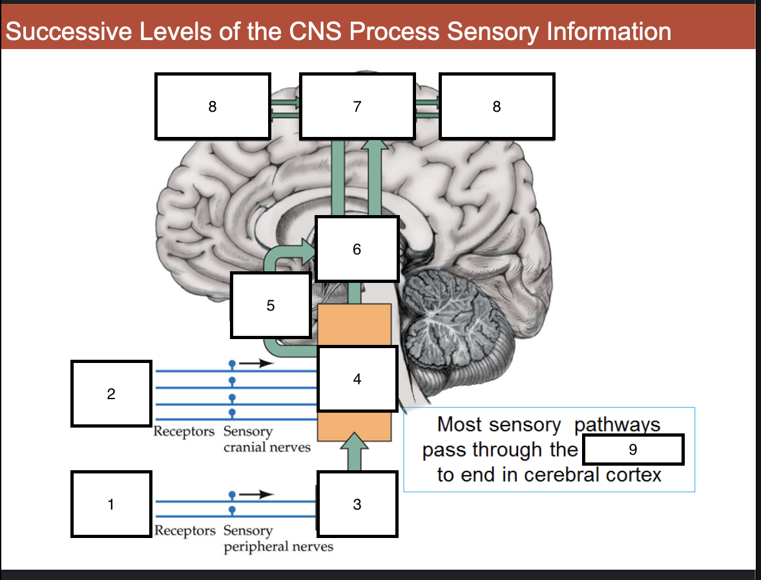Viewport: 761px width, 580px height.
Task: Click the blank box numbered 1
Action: tap(111, 504)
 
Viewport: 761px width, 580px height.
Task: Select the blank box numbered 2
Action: tap(111, 393)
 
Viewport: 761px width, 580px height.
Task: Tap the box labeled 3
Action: tap(357, 504)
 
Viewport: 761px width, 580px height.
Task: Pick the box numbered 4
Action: tap(357, 379)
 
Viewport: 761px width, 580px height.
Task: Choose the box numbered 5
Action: tap(271, 305)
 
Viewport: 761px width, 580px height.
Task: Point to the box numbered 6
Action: tap(357, 249)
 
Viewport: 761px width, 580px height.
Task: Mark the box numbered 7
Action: tap(357, 107)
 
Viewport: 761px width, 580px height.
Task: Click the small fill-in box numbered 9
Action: tap(633, 450)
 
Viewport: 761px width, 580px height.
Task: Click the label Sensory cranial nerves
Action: tap(266, 439)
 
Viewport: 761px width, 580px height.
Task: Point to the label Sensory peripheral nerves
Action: tap(278, 539)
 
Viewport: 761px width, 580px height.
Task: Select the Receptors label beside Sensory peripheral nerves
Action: tap(185, 531)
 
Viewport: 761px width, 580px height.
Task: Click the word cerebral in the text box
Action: tap(562, 475)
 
